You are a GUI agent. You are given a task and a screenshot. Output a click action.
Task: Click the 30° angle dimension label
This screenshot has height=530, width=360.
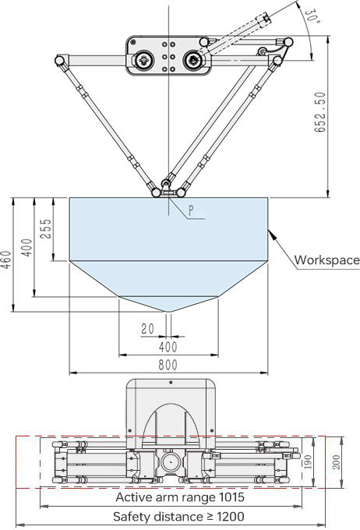click(x=312, y=16)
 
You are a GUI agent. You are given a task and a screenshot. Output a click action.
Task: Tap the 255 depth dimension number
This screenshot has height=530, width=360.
click(x=46, y=229)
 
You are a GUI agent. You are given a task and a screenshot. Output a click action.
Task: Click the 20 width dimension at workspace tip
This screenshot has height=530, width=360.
click(x=147, y=329)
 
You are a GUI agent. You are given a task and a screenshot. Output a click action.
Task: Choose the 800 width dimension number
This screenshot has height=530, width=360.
click(x=168, y=365)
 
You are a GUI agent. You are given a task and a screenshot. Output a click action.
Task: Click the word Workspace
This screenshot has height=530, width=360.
click(x=326, y=260)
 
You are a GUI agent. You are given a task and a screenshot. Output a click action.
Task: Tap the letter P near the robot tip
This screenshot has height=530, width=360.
click(x=192, y=210)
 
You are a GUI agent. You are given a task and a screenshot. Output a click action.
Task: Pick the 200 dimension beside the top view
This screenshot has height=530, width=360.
click(x=337, y=461)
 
